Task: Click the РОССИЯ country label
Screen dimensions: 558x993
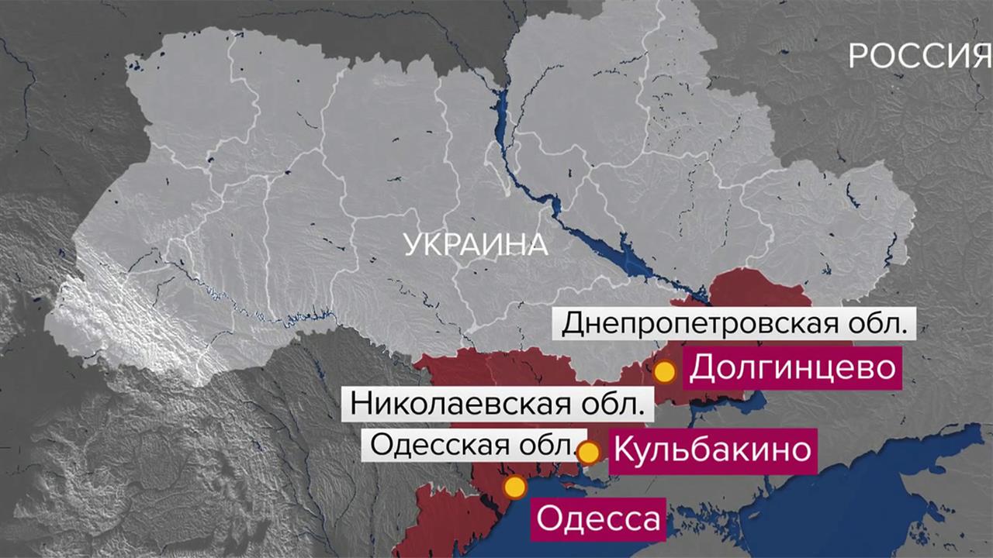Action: [x=919, y=57]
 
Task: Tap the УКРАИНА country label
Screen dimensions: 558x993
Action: [x=476, y=246]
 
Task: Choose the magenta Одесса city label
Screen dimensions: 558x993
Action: [x=597, y=518]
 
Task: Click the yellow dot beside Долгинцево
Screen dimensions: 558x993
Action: [x=664, y=372]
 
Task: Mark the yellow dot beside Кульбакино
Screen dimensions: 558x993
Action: [x=590, y=452]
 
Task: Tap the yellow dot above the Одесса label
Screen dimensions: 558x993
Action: [x=514, y=487]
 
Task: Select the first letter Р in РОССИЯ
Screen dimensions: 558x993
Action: [x=857, y=57]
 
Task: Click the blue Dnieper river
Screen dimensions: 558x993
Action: [x=590, y=232]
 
